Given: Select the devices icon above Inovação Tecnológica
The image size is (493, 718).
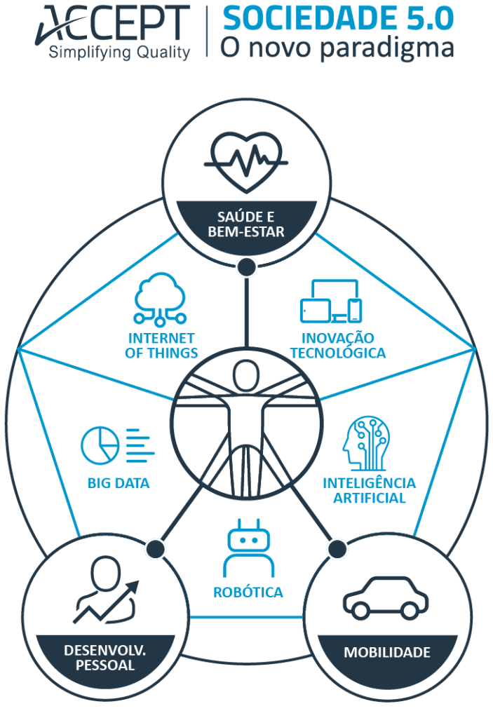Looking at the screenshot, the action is pos(331,302).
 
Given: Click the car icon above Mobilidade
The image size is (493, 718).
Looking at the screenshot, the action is pos(386,597).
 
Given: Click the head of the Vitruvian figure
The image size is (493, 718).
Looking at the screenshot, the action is pos(246,375).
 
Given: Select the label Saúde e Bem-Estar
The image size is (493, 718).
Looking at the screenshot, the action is pos(246,224).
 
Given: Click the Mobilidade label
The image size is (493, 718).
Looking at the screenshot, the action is pos(387,652).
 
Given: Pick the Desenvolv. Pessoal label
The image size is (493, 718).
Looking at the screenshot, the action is pos(105,658).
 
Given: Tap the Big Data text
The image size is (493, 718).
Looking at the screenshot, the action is pos(119,483).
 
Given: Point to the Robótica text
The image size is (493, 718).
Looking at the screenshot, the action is pos(248,592).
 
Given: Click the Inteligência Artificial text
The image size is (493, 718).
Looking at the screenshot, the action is pos(370,490).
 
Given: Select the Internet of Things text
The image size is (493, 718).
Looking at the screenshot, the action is pos(161,346).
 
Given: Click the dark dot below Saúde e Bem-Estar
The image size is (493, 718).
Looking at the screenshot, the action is pos(247,267).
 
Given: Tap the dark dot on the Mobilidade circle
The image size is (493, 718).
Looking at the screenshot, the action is pos(337,548).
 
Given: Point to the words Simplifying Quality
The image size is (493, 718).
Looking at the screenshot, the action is pos(119,53).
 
